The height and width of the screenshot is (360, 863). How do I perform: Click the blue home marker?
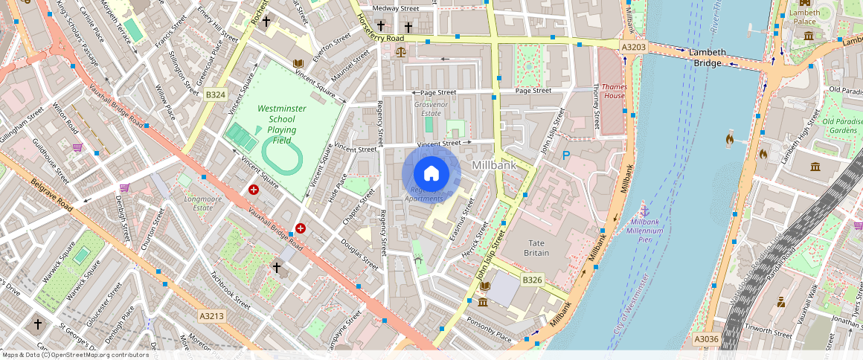tap(431, 173)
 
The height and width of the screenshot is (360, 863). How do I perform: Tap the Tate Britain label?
tap(536, 248)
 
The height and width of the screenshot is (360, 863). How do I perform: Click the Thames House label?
tap(614, 91)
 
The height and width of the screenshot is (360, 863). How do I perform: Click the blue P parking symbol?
tap(566, 155)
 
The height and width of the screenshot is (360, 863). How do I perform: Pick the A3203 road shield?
tap(632, 47)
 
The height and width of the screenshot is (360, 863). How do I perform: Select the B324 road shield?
tap(216, 94)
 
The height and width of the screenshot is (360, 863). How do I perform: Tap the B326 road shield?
tap(531, 280)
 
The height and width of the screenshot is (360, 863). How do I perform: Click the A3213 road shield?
tap(211, 316)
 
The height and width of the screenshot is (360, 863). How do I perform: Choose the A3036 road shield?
tap(705, 339)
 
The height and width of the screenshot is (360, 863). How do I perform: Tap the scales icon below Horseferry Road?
tap(402, 53)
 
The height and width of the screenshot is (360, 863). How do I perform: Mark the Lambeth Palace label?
tap(804, 17)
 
